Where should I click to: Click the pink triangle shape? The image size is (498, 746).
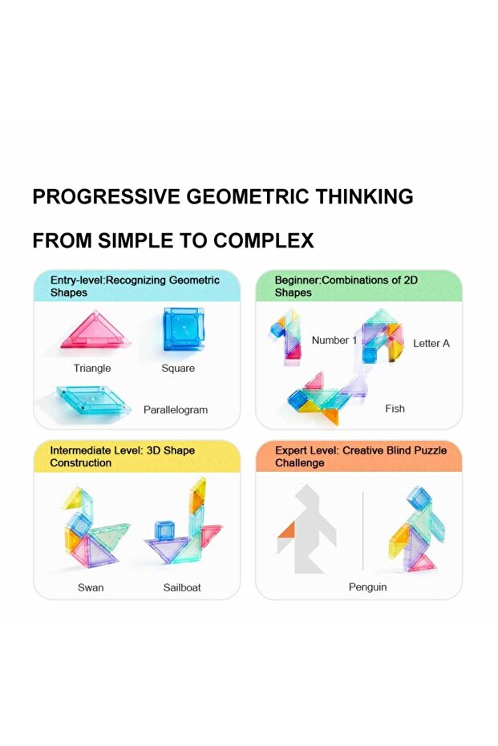[95, 331]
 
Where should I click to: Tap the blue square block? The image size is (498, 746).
[184, 329]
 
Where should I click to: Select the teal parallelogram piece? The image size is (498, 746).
[94, 400]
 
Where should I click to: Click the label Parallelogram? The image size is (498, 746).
[176, 409]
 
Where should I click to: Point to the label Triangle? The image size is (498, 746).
[92, 369]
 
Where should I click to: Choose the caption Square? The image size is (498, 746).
[178, 369]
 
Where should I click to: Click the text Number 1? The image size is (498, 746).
[334, 341]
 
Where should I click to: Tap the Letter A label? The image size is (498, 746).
[431, 344]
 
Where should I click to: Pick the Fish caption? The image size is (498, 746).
[395, 409]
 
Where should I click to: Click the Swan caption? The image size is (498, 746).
[91, 587]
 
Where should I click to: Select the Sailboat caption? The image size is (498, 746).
[182, 587]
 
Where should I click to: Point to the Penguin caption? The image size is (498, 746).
[367, 587]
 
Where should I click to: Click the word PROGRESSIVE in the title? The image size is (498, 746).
[107, 196]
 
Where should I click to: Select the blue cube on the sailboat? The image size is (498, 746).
[164, 530]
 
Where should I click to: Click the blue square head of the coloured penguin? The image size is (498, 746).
[419, 498]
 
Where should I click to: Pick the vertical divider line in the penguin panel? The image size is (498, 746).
[362, 530]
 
